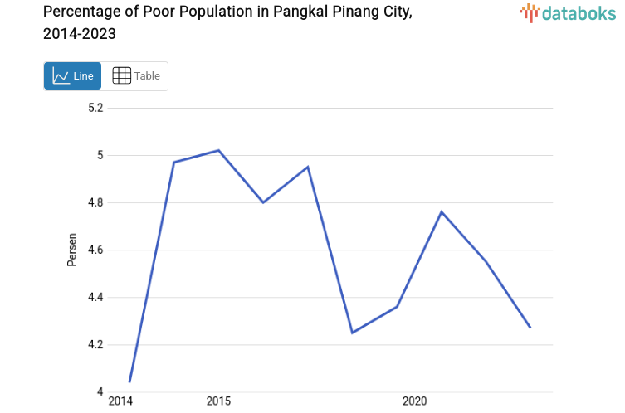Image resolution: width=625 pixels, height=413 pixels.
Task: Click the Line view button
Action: [x=72, y=76]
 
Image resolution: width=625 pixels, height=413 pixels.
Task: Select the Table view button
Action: [x=136, y=76]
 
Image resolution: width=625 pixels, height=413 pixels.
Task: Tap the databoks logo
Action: [x=569, y=12]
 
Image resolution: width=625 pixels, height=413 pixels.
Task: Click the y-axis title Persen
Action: [x=72, y=250]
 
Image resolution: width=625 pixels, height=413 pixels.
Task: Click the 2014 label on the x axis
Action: [x=120, y=401]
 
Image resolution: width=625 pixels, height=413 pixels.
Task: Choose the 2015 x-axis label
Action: [x=218, y=401]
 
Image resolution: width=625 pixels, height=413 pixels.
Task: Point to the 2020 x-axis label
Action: [x=414, y=401]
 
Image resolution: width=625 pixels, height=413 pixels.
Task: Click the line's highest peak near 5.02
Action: [x=218, y=150]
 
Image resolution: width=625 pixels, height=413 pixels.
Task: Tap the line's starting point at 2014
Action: [x=129, y=382]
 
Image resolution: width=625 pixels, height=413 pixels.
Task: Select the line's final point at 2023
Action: [x=530, y=328]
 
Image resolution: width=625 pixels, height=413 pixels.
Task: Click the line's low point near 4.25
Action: [x=352, y=333]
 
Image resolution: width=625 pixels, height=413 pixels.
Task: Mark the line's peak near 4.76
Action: [x=442, y=211]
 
